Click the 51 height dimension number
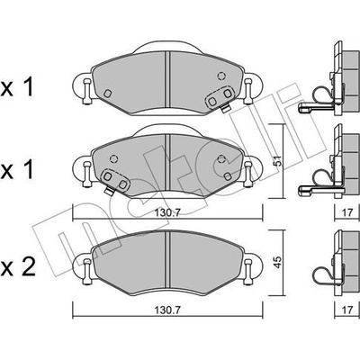[x=279, y=161]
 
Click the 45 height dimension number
[x=279, y=262]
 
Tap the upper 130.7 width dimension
[x=167, y=212]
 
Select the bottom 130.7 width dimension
[x=167, y=310]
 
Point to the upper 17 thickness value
[x=347, y=212]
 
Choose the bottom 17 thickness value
[x=347, y=310]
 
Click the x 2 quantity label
[x=18, y=267]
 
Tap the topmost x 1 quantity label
[x=16, y=88]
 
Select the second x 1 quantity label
[x=16, y=171]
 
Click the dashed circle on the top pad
[x=221, y=76]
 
